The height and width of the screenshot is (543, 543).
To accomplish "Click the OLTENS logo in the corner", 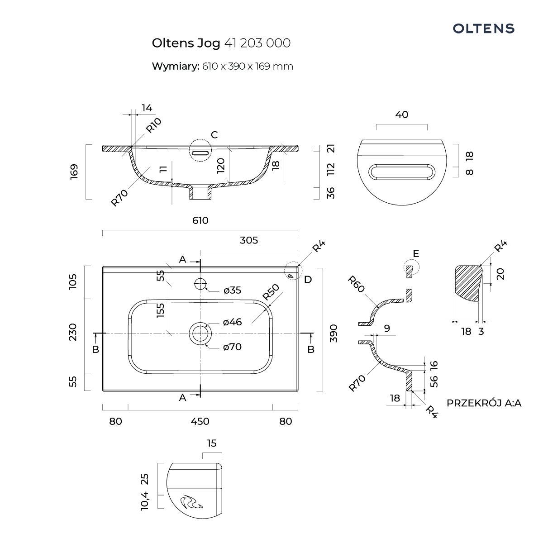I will [484, 29].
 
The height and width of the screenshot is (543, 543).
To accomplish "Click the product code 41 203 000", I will [257, 43].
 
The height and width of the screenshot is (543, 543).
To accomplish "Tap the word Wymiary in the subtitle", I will [175, 66].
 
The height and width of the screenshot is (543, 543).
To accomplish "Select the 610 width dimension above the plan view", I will [200, 220].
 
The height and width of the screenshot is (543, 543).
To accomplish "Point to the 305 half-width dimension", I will [249, 240].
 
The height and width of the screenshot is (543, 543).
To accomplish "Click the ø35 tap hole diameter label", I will [232, 291].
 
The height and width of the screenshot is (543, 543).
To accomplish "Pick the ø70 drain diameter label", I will [232, 347].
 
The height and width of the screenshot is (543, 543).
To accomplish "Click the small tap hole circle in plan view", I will [200, 284].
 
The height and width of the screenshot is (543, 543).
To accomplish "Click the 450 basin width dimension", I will [200, 421].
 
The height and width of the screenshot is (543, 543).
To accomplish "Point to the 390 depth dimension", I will [333, 333].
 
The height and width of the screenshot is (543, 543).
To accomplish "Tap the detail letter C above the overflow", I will [214, 135].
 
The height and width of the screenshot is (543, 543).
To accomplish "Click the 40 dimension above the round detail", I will [401, 114].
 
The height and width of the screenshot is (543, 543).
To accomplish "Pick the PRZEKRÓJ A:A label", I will [484, 403].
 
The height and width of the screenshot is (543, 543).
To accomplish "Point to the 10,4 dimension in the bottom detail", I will [145, 500].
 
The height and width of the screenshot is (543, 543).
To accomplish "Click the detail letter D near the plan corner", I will [308, 279].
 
